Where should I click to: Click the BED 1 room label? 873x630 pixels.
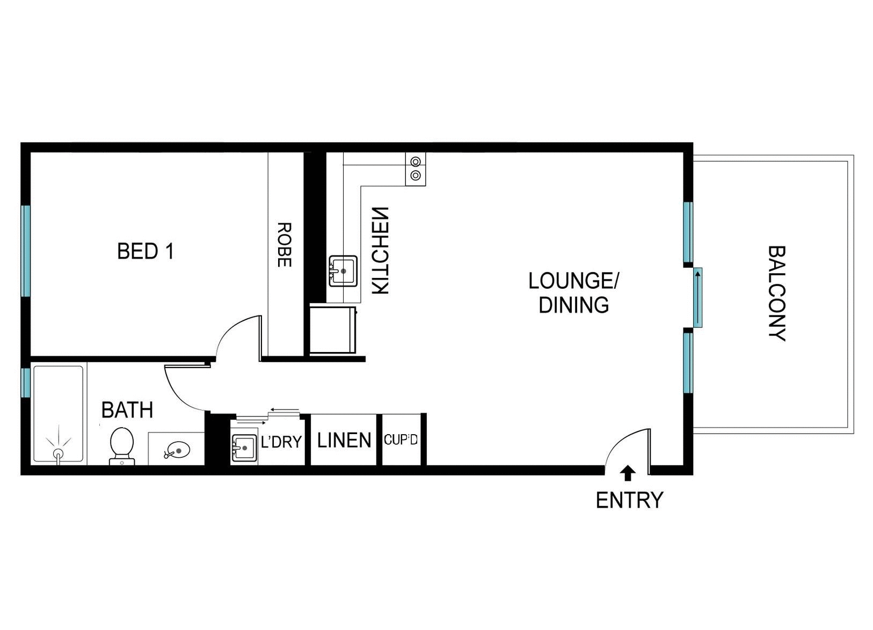[146, 251]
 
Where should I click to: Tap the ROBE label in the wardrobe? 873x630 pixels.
[284, 245]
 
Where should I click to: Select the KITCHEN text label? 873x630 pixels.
[380, 250]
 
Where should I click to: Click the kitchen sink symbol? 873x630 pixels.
[343, 271]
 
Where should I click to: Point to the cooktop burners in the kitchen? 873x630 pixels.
[416, 169]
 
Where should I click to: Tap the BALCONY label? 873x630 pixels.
[776, 293]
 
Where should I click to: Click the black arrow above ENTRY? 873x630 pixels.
[628, 473]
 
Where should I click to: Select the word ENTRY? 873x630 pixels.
[629, 500]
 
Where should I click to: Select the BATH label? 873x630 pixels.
[127, 410]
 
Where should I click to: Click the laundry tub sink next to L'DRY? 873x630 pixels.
[244, 446]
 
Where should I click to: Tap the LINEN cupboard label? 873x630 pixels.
[344, 441]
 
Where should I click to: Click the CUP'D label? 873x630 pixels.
[401, 440]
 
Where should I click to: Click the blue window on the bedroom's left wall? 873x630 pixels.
[25, 250]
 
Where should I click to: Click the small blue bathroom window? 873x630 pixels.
[25, 382]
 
